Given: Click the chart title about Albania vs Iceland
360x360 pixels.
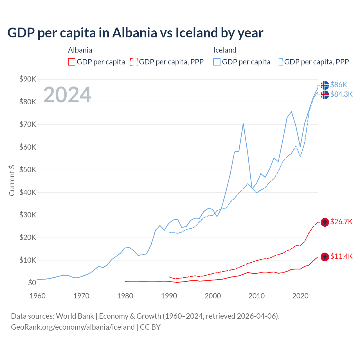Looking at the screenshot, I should (135, 33).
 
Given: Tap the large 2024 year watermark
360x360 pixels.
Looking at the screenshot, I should (67, 94).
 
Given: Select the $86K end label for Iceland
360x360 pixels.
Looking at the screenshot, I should (339, 85).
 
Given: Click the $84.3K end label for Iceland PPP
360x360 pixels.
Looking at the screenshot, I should (341, 94).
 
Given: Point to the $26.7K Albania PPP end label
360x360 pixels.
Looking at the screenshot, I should (341, 222).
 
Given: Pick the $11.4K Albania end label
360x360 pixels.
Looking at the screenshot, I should (341, 256).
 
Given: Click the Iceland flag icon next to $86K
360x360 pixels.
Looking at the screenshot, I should (325, 85).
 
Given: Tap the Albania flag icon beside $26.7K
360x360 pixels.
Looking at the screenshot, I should (325, 222).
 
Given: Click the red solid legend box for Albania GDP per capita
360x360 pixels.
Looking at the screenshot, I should (72, 62).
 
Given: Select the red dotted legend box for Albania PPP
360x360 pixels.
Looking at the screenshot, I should (134, 62).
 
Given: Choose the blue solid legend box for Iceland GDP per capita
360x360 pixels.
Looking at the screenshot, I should (217, 62).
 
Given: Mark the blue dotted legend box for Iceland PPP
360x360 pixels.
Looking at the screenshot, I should (279, 62).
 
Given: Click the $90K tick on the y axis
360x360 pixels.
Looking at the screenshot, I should (28, 79).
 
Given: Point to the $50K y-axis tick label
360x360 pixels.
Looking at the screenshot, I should (28, 170).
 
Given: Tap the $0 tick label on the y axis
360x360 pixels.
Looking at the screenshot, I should (32, 283).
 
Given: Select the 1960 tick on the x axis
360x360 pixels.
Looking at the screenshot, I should (37, 296).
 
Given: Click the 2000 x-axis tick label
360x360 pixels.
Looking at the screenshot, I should (213, 296).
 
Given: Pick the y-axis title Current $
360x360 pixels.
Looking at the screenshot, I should (12, 181).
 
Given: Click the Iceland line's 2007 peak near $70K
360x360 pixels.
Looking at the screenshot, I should (243, 123).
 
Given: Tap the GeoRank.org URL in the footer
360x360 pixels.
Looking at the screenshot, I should (73, 327).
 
